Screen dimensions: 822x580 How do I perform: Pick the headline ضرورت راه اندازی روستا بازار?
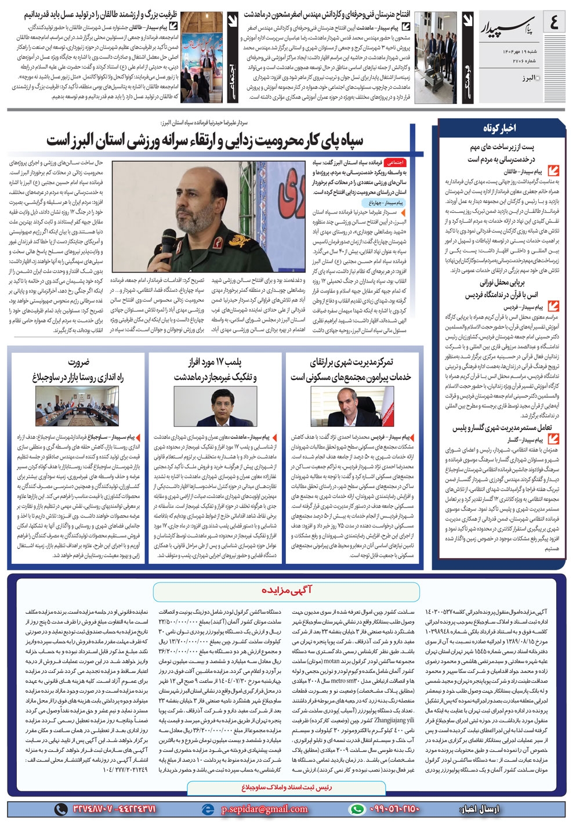[x=78, y=370]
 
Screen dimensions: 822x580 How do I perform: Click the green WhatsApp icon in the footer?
[x=358, y=809]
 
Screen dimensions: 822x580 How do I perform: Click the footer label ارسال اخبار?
[x=480, y=809]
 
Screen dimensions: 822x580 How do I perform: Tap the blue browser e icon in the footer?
[x=207, y=809]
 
